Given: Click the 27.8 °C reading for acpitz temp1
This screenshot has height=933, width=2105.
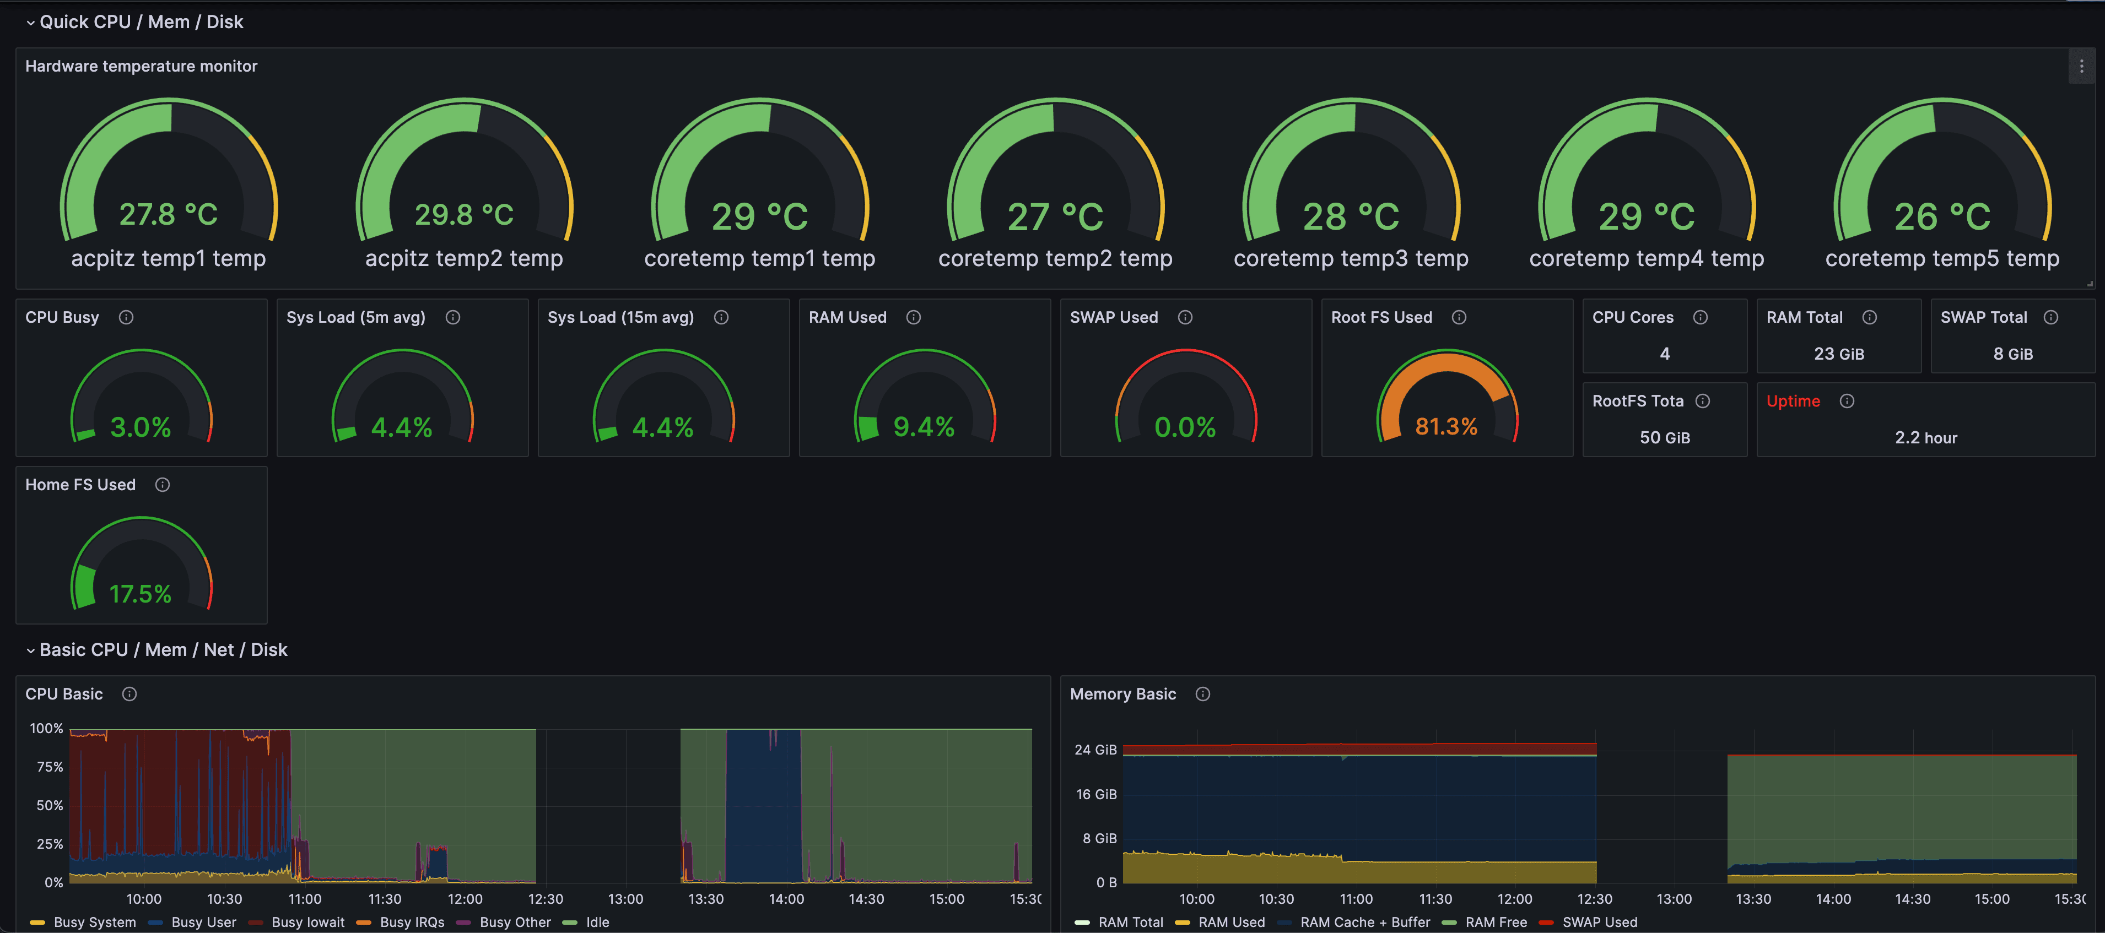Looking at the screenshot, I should [168, 215].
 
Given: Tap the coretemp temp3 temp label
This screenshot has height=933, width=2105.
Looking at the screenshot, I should [1351, 259].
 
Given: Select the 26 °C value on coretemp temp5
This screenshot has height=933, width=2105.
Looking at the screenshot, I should [1942, 216].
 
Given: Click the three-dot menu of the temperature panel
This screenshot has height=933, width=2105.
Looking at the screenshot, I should [2081, 66].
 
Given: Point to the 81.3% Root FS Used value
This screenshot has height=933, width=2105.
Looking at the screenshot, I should [1445, 426].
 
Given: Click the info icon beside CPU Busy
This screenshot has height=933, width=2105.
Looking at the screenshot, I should [126, 317].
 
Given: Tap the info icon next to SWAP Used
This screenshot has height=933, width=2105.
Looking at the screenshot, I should [1185, 317].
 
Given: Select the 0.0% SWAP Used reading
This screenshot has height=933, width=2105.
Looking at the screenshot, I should [1185, 426].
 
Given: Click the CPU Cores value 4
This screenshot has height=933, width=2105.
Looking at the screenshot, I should [1665, 354].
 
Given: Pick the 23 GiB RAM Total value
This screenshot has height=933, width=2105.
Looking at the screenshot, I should [1839, 354].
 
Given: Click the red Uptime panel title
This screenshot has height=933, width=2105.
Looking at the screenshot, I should [1793, 401].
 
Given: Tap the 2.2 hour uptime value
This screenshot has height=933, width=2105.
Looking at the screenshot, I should [1925, 438].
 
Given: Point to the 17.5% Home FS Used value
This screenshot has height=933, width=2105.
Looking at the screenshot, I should [141, 594].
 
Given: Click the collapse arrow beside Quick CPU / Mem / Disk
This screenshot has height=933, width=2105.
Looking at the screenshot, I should [30, 23].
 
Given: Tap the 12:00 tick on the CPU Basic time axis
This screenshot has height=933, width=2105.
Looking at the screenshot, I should [465, 899].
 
